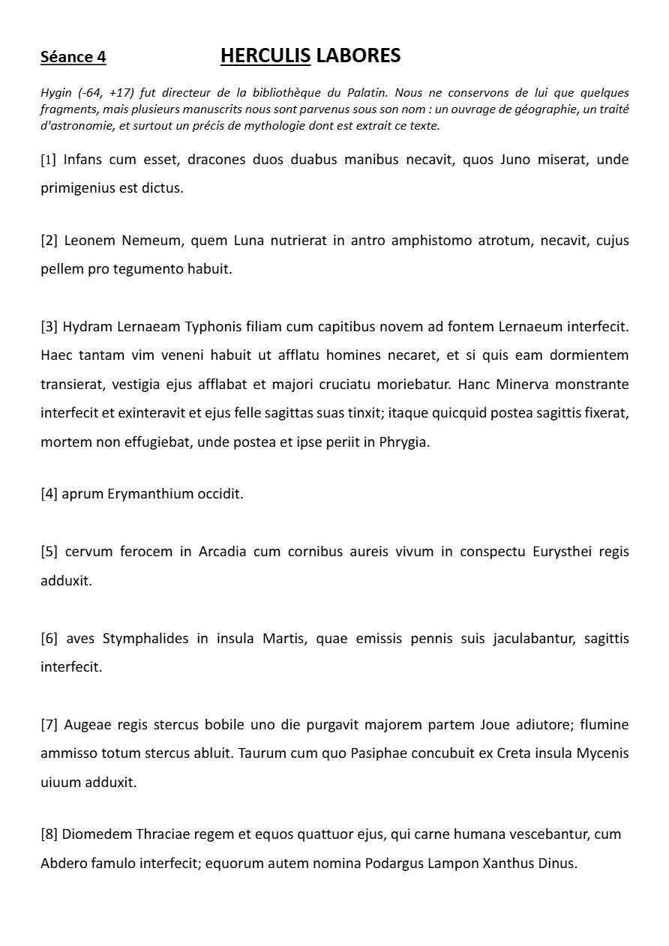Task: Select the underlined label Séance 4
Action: point(73,57)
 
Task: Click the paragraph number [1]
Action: point(48,160)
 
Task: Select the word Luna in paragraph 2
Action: point(249,241)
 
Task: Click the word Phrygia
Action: point(404,442)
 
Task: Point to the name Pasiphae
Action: point(378,753)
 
